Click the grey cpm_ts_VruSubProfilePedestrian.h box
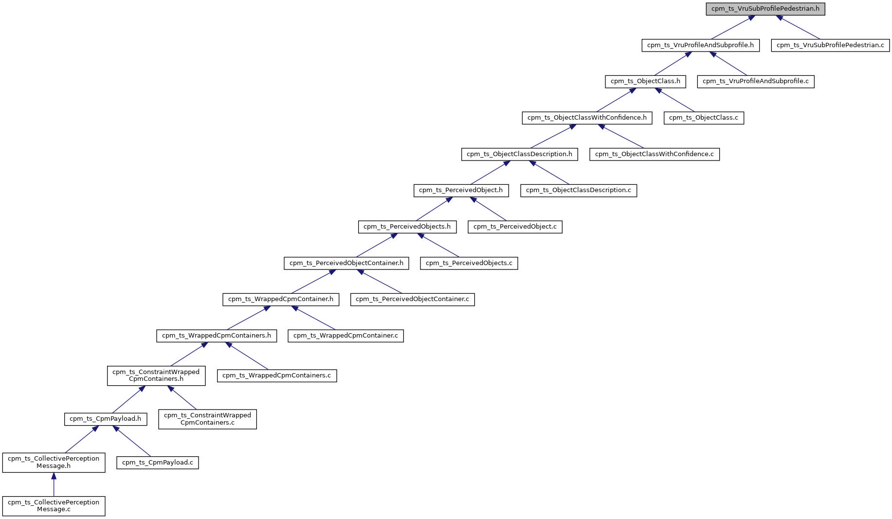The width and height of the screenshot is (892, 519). coord(765,9)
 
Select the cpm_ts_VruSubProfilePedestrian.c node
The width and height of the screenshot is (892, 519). coord(830,45)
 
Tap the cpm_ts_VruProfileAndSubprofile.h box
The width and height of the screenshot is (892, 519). coord(700,45)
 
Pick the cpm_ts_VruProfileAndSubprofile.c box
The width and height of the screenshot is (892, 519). coord(755,81)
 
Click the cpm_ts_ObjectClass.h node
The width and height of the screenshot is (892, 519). coord(645,81)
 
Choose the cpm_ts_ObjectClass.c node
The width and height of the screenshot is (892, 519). coord(703,118)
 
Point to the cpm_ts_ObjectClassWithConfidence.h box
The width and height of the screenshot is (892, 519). coord(587,118)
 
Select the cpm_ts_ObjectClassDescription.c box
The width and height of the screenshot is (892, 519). coord(578,190)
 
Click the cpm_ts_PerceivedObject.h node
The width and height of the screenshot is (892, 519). coord(461,190)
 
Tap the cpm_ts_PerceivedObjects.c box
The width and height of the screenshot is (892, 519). coord(469,263)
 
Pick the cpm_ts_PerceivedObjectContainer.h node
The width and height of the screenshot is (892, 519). coord(346,263)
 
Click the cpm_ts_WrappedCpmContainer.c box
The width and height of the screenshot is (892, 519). coord(346,336)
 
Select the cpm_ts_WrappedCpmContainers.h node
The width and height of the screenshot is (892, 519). coord(217,336)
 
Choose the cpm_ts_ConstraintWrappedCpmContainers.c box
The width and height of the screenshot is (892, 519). coord(207,419)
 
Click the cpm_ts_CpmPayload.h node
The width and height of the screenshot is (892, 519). coord(105,419)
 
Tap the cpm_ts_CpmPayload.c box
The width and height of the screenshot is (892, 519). coord(157,463)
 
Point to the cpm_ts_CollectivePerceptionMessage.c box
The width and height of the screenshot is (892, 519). coord(54,506)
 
